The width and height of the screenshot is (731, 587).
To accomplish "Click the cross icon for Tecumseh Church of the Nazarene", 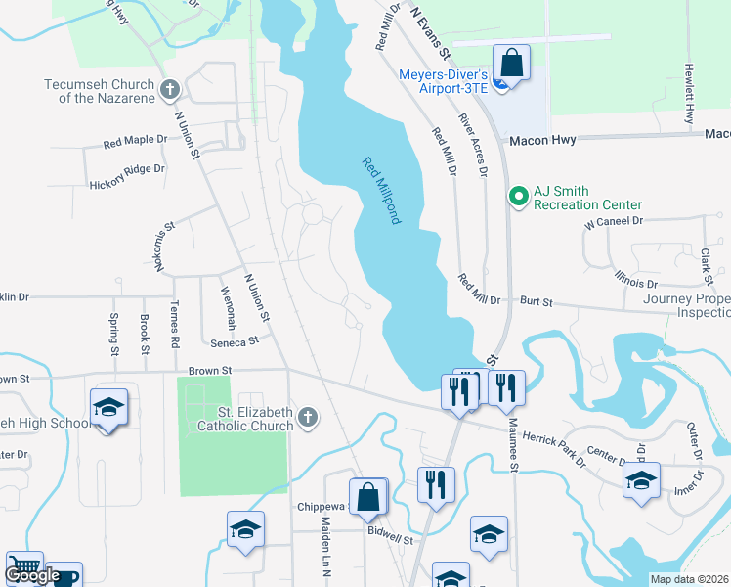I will (170, 91).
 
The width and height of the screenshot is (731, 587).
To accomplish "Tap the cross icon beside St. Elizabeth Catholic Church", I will (307, 418).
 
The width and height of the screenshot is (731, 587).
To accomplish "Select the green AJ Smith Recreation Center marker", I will (517, 197).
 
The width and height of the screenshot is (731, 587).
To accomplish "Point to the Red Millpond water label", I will (381, 191).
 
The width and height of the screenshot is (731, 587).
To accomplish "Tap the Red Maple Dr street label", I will (136, 143).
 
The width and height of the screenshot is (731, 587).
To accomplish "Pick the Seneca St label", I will (234, 341).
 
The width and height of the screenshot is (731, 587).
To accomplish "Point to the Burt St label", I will (536, 302).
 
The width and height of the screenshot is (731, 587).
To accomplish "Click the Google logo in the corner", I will (31, 575).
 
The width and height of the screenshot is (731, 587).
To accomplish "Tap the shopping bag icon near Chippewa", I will (368, 496).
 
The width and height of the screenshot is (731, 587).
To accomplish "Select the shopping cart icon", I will (24, 568).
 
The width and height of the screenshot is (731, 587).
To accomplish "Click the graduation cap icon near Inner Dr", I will (641, 480).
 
